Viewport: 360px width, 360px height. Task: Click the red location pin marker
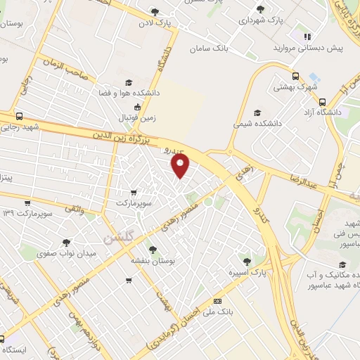tap(181, 165)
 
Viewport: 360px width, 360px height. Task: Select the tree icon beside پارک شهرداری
tap(261, 9)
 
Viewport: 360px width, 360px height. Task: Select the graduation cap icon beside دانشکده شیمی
tap(257, 112)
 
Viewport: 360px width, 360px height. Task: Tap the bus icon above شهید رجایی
tap(18, 116)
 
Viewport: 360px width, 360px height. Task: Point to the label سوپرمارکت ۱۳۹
tap(27, 212)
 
